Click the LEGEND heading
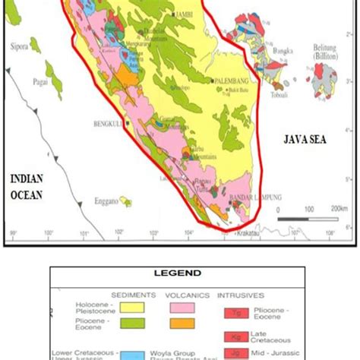click(181, 273)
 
